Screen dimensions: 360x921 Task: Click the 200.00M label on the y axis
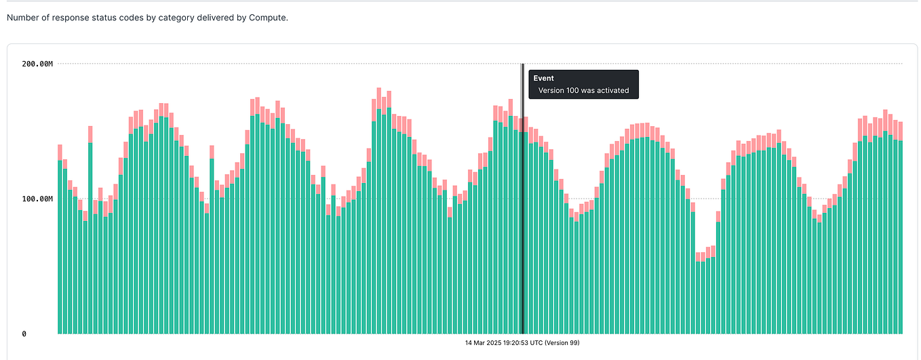[37, 64]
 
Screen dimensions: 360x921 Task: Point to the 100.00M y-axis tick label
[37, 199]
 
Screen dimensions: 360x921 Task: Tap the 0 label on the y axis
[24, 334]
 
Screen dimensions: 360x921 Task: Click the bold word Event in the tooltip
[543, 79]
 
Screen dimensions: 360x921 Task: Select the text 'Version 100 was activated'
[583, 90]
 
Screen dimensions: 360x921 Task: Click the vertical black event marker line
[522, 203]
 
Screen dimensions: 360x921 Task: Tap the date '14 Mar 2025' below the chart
[484, 343]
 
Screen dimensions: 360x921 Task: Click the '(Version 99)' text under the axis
[562, 343]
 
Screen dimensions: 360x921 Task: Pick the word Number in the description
[23, 18]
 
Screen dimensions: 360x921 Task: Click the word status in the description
[101, 18]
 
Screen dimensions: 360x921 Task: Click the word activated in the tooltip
[610, 90]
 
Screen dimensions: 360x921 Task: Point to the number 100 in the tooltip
[572, 90]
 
